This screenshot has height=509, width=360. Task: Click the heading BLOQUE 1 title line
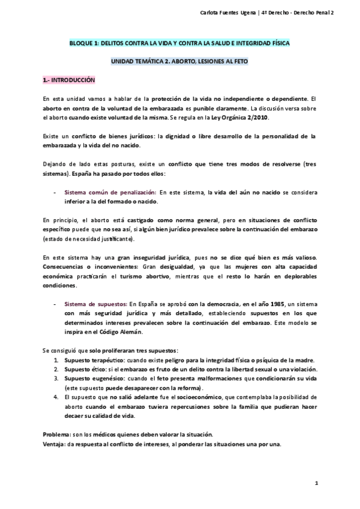pos(179,44)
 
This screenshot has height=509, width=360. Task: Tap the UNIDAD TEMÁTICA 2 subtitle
pos(179,62)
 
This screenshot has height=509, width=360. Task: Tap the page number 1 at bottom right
pos(316,483)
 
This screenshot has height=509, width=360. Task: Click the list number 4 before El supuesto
pos(56,397)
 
